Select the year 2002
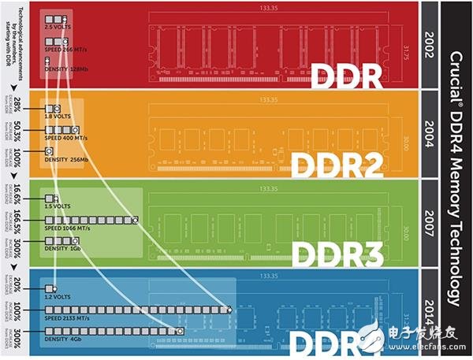[x=430, y=46]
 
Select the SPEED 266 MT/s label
[x=65, y=49]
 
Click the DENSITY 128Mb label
[x=65, y=69]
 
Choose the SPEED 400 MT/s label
[x=66, y=138]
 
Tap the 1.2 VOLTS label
[x=57, y=298]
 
